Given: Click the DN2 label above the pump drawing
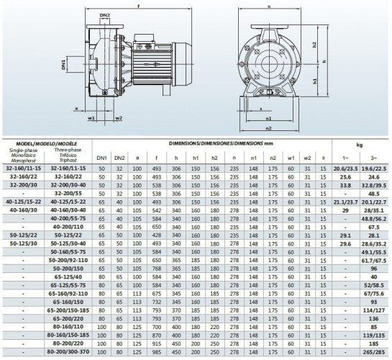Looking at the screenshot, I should coord(105,14).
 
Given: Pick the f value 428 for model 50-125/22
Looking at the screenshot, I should coord(156,235).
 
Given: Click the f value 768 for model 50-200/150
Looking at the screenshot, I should coord(156,269).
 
